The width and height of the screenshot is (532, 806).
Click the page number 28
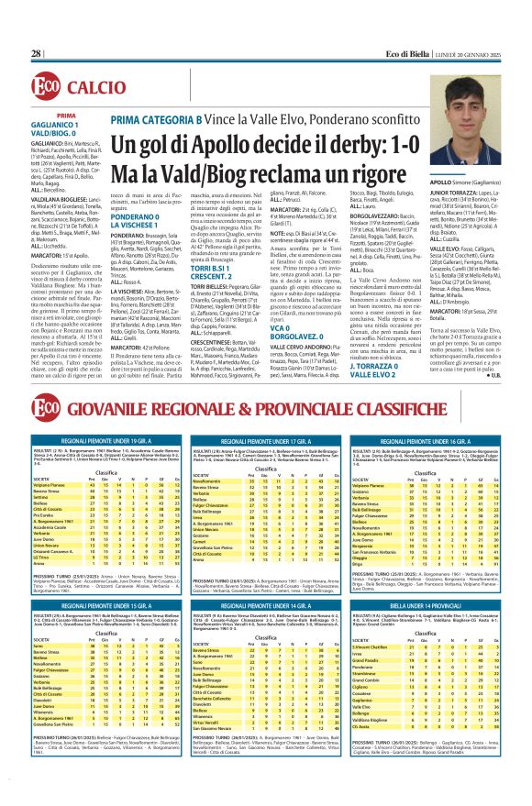tap(37, 53)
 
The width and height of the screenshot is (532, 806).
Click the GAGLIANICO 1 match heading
tap(57, 126)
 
